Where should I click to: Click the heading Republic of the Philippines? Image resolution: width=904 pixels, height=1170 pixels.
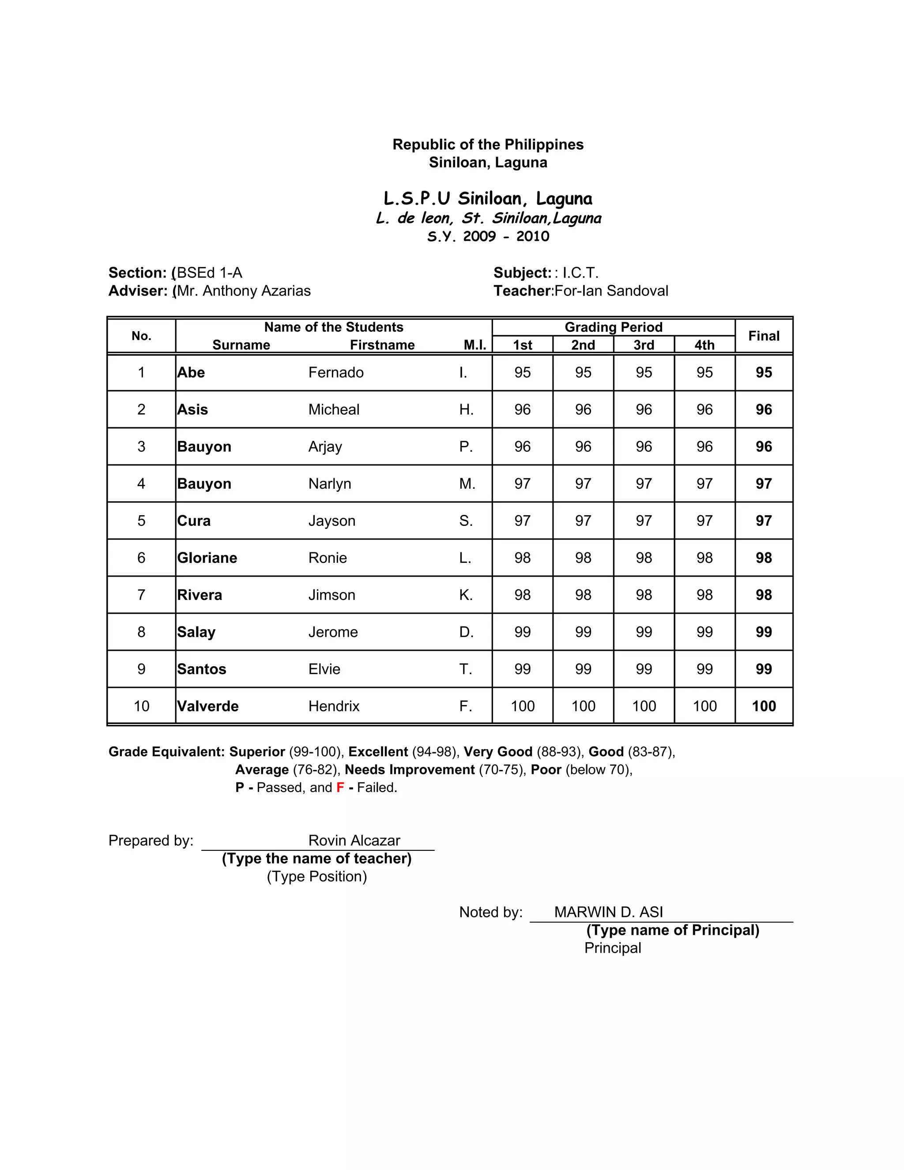point(488,145)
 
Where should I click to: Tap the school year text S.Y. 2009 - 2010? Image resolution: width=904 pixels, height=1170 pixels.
point(488,236)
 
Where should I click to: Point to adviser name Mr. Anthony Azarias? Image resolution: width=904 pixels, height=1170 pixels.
point(244,291)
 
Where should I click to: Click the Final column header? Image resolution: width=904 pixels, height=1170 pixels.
point(763,336)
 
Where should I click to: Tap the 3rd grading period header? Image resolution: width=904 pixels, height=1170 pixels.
point(644,345)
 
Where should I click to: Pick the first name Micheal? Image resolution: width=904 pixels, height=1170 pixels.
point(334,409)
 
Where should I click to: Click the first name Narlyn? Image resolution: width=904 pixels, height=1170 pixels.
point(329,484)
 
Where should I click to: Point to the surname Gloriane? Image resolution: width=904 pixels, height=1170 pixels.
point(207,558)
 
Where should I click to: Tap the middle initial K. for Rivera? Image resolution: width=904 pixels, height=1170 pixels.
point(466,595)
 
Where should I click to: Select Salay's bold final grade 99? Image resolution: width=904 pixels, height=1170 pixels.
point(763,632)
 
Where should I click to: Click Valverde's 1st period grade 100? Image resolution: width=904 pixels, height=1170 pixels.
point(522,706)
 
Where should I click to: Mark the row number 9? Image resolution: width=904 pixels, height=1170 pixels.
point(141,669)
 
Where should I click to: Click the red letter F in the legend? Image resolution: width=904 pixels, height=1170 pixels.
point(340,788)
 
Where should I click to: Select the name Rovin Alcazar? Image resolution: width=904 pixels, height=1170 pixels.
point(354,841)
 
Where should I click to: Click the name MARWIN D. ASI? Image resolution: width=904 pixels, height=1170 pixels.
point(608,912)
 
